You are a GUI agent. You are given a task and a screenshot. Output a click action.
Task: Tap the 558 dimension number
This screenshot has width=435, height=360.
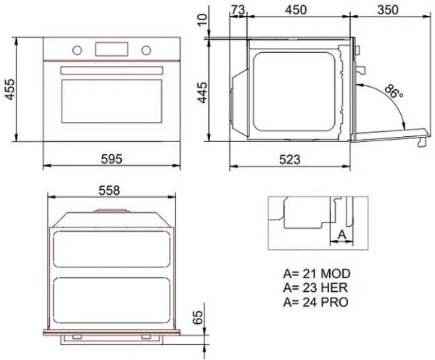pyautogui.click(x=110, y=190)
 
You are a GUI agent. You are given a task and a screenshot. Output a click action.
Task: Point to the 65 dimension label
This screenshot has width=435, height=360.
pyautogui.click(x=197, y=318)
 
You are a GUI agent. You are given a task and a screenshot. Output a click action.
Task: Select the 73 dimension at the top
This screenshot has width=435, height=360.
pyautogui.click(x=236, y=9)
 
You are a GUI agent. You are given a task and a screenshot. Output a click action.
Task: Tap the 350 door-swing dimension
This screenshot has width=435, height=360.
pyautogui.click(x=391, y=9)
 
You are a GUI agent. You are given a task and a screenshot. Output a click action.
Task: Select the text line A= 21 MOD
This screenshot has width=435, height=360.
pyautogui.click(x=317, y=274)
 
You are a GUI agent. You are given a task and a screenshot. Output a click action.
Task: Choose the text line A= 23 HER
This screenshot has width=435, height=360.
pyautogui.click(x=316, y=287)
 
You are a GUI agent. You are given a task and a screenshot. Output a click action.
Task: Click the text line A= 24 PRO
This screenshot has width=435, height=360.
pyautogui.click(x=316, y=300)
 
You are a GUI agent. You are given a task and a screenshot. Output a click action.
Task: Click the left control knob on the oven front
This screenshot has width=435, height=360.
pyautogui.click(x=75, y=49)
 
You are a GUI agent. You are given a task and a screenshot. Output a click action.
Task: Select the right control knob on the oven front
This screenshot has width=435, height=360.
pyautogui.click(x=146, y=49)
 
